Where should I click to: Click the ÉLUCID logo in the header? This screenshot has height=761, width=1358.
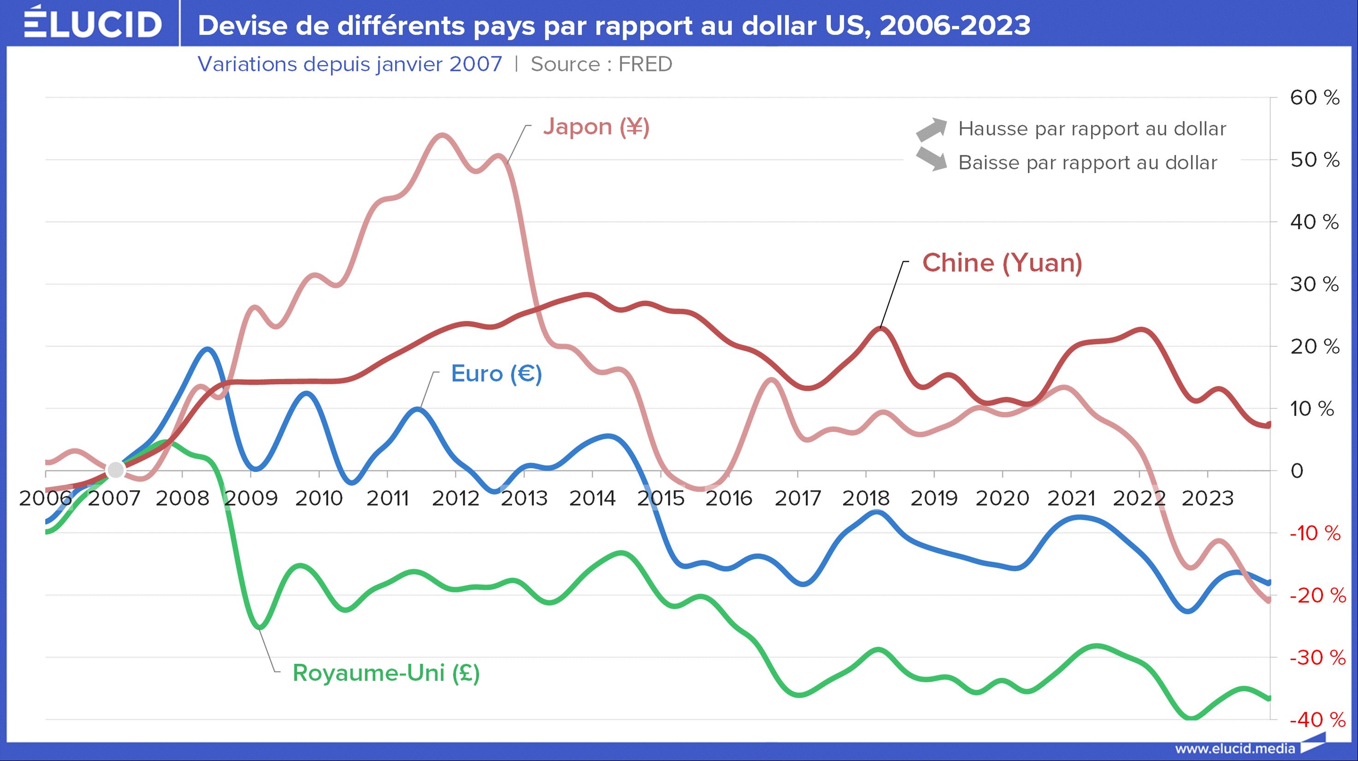pos(93,23)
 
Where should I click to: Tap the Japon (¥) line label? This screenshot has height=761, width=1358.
pos(596,127)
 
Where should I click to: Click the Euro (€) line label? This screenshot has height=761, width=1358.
pos(496,374)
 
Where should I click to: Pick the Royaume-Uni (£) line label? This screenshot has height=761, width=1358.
pos(386,673)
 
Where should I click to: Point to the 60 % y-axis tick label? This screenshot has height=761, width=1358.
pos(1314,98)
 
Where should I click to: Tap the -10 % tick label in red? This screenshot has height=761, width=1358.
pos(1315,533)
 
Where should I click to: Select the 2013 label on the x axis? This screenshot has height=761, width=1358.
pos(524,498)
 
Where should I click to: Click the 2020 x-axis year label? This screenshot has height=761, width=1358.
pos(1002,498)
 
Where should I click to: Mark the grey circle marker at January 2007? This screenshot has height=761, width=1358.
pos(115,470)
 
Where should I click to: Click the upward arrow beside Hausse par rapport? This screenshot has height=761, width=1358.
pos(931,129)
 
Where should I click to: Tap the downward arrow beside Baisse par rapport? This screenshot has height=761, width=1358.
pos(931,159)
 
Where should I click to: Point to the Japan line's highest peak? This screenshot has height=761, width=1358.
pos(442,136)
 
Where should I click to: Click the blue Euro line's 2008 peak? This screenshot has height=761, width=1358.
pos(207,349)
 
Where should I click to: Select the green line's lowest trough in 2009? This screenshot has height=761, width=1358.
pos(261,627)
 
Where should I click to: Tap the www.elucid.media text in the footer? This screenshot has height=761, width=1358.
pos(1234,749)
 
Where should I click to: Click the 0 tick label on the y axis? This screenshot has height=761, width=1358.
pos(1297,471)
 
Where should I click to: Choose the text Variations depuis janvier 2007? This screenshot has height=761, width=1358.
pos(349,64)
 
